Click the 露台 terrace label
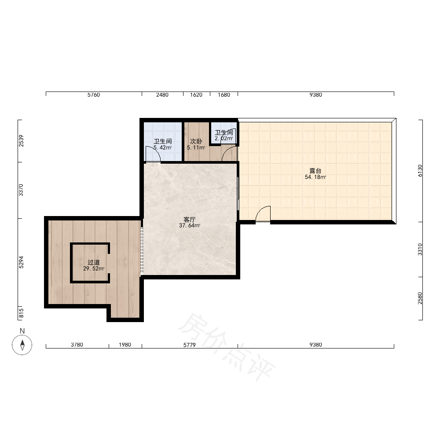tap(315, 171)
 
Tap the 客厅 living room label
tap(189, 219)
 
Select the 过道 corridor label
tap(93, 262)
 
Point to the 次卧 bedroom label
tap(196, 141)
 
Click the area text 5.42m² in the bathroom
tap(162, 147)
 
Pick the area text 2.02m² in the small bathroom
tap(224, 138)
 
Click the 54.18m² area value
tap(315, 177)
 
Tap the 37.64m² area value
tap(189, 225)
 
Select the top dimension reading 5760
tap(93, 95)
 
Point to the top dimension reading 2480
tap(162, 95)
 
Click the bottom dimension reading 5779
tap(189, 345)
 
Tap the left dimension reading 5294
tap(21, 262)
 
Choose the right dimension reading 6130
tap(420, 171)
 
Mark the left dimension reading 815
tap(21, 313)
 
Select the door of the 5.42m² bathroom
tap(153, 154)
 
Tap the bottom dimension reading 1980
tap(125, 345)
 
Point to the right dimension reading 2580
tap(420, 298)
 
